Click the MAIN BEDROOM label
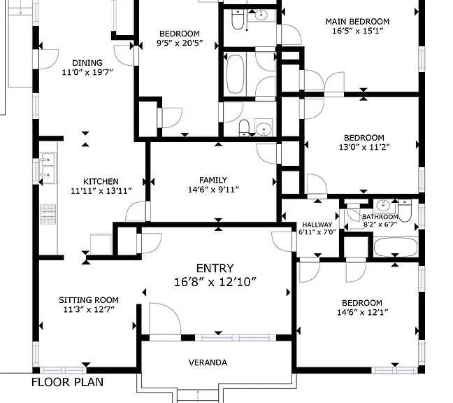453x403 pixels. click(x=357, y=22)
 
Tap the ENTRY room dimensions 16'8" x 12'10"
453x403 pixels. click(x=215, y=282)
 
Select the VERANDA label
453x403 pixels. click(x=208, y=362)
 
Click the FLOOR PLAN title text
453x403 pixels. click(x=67, y=382)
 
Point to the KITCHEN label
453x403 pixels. click(x=101, y=181)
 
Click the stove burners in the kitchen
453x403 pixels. click(x=48, y=214)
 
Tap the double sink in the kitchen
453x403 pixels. click(x=48, y=168)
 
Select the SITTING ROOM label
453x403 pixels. click(x=89, y=300)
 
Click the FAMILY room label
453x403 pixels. click(x=213, y=180)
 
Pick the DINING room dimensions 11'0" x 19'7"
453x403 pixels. click(x=87, y=72)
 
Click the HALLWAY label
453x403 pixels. click(x=317, y=225)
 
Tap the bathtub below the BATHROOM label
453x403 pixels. click(x=396, y=247)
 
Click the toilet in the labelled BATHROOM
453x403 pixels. click(x=405, y=211)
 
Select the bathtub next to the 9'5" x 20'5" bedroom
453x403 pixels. click(x=235, y=74)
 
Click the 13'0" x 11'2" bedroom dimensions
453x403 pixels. click(x=364, y=147)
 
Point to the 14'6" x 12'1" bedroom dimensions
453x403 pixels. click(x=362, y=313)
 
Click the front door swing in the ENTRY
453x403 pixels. click(x=165, y=319)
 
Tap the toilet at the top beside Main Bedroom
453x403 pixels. click(x=238, y=20)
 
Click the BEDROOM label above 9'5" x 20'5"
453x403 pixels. click(x=180, y=34)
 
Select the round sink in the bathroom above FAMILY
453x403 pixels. click(x=264, y=127)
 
